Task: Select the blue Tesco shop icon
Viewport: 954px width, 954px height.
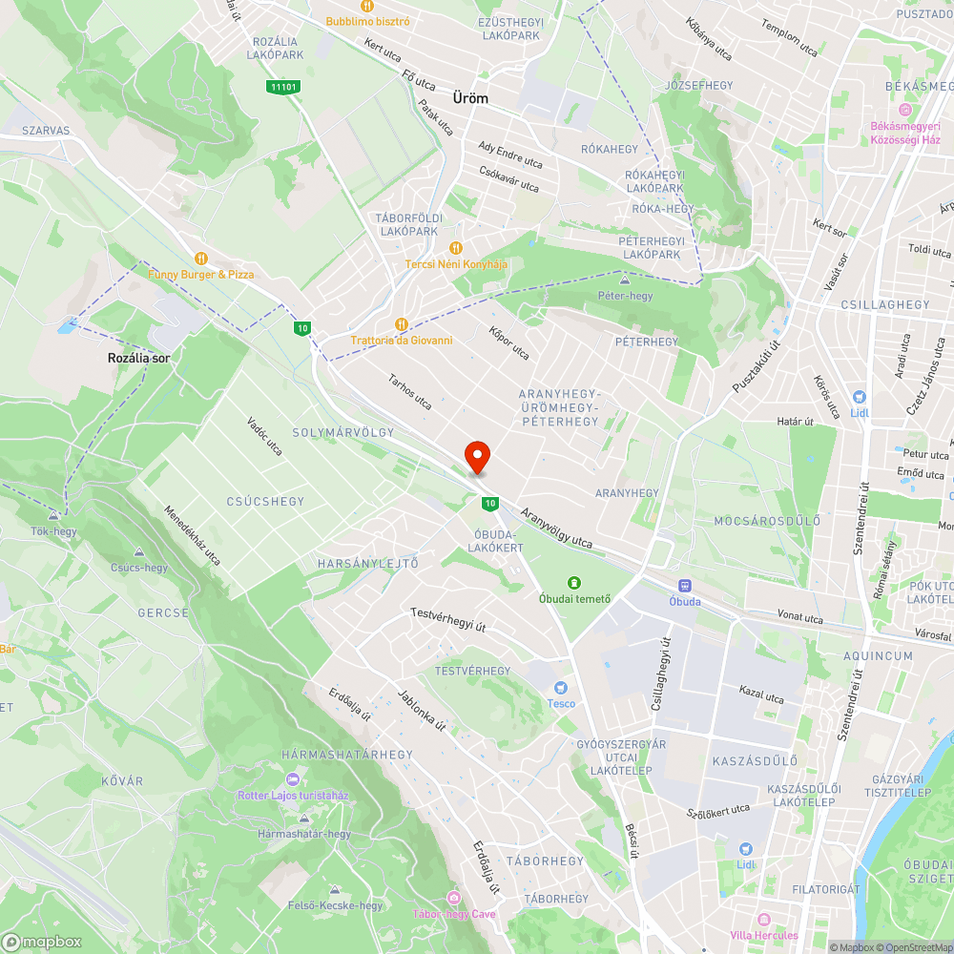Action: pyautogui.click(x=561, y=688)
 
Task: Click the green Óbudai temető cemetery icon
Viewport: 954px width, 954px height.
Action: pyautogui.click(x=574, y=582)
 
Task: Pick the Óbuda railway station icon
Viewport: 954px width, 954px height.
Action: pyautogui.click(x=684, y=586)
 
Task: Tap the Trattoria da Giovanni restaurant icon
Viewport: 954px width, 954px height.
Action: pyautogui.click(x=401, y=324)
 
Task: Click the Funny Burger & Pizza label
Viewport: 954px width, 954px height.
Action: pyautogui.click(x=201, y=274)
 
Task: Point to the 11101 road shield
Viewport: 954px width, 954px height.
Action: pyautogui.click(x=284, y=87)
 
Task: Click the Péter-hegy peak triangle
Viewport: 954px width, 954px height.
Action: pyautogui.click(x=626, y=280)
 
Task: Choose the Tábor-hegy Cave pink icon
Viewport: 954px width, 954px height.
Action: pyautogui.click(x=453, y=898)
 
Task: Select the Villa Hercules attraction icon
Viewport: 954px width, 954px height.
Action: pyautogui.click(x=763, y=920)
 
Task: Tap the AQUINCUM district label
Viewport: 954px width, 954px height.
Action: pyautogui.click(x=878, y=656)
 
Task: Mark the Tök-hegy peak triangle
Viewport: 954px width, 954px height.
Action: pyautogui.click(x=53, y=514)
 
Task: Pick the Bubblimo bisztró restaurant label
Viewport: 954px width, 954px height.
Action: pyautogui.click(x=367, y=21)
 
